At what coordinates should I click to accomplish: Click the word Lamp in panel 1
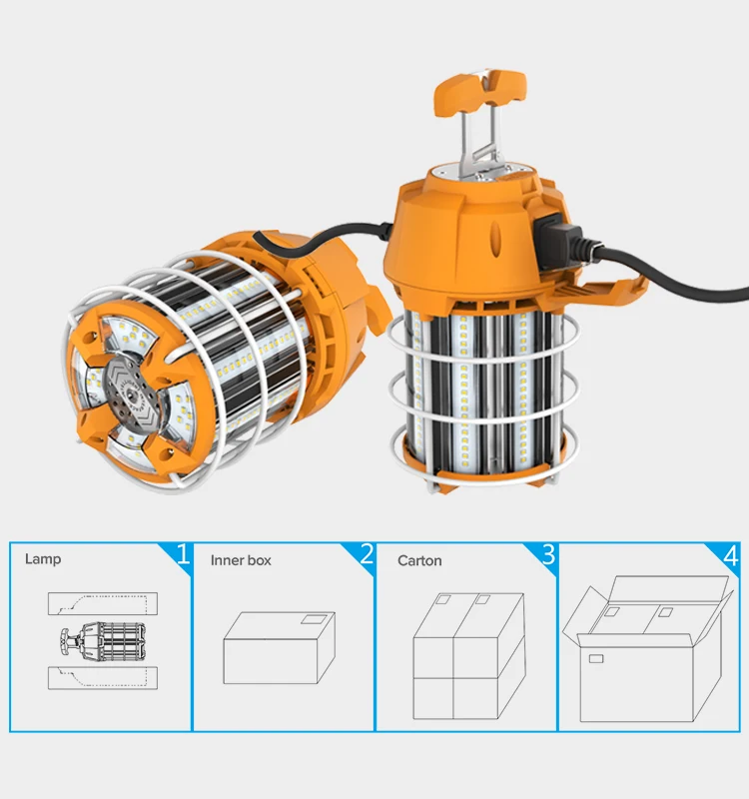[x=43, y=559]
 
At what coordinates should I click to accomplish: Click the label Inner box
[x=241, y=561]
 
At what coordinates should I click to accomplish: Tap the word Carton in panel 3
[x=419, y=561]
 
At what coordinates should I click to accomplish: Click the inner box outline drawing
[x=279, y=648]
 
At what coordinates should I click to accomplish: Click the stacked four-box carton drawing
[x=468, y=651]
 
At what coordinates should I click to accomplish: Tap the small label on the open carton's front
[x=596, y=659]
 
